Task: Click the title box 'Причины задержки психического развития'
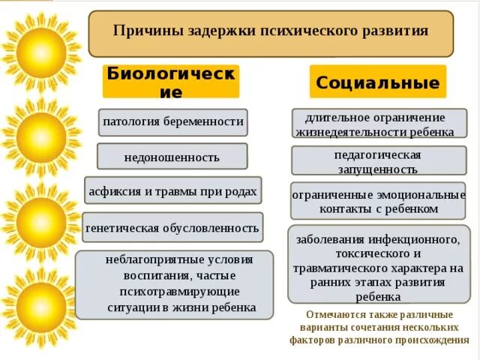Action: pos(271,33)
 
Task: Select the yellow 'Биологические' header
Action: pos(171,82)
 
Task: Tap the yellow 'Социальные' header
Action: pos(378,82)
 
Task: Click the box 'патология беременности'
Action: pos(172,121)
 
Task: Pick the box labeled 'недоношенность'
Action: pos(172,157)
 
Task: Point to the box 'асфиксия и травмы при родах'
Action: pos(173,190)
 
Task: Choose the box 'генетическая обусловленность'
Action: pos(172,227)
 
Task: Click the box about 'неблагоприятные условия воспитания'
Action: pos(174,283)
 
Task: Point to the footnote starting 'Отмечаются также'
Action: pos(379,328)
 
